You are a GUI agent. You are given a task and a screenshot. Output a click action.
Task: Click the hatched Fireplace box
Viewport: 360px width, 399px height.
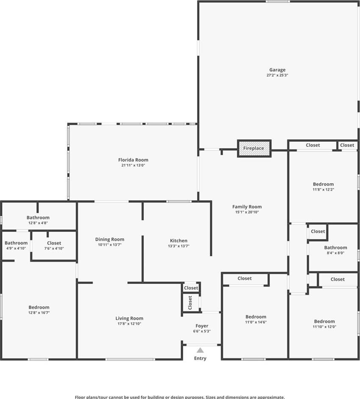tap(254, 149)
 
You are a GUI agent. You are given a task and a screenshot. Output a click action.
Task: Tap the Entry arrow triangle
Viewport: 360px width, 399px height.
tap(200, 350)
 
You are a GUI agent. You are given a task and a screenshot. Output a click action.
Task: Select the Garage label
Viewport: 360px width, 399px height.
tap(278, 70)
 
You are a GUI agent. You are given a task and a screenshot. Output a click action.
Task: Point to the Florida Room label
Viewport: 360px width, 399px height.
tap(133, 160)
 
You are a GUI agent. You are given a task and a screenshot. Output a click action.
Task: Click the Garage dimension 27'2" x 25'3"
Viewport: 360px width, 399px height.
tap(278, 75)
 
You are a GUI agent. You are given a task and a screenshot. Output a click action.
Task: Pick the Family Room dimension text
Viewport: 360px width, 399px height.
tap(247, 212)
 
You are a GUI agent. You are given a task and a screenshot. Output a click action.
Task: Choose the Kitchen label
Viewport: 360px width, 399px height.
tap(179, 240)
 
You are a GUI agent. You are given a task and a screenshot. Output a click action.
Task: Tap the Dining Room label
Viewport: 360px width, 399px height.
tap(110, 239)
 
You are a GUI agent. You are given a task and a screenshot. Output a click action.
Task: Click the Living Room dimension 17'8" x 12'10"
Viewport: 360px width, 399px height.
tap(129, 324)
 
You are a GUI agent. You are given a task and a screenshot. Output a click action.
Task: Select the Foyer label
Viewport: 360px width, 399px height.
tap(202, 326)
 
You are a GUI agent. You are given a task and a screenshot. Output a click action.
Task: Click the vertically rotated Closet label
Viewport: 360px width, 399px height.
tap(190, 303)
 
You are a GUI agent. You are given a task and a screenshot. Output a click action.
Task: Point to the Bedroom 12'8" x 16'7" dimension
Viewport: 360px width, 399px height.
tap(39, 313)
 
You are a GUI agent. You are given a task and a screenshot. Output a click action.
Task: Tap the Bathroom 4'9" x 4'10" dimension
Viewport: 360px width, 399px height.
tap(16, 248)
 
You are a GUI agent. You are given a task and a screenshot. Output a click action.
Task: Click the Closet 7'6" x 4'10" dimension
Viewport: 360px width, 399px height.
tap(54, 248)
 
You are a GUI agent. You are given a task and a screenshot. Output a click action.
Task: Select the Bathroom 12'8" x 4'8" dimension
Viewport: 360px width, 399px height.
tap(38, 223)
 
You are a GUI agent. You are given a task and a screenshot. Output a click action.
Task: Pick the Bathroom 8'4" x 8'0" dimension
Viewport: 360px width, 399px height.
tap(335, 253)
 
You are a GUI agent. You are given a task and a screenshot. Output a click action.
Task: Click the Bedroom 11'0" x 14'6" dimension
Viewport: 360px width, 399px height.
tap(256, 322)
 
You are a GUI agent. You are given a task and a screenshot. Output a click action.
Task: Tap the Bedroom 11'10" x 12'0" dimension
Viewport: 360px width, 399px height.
tap(324, 327)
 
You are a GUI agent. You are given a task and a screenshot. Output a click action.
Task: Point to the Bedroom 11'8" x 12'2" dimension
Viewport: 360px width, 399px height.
tap(323, 190)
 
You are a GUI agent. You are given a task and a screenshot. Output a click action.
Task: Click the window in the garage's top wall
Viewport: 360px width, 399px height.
tap(278, 2)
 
